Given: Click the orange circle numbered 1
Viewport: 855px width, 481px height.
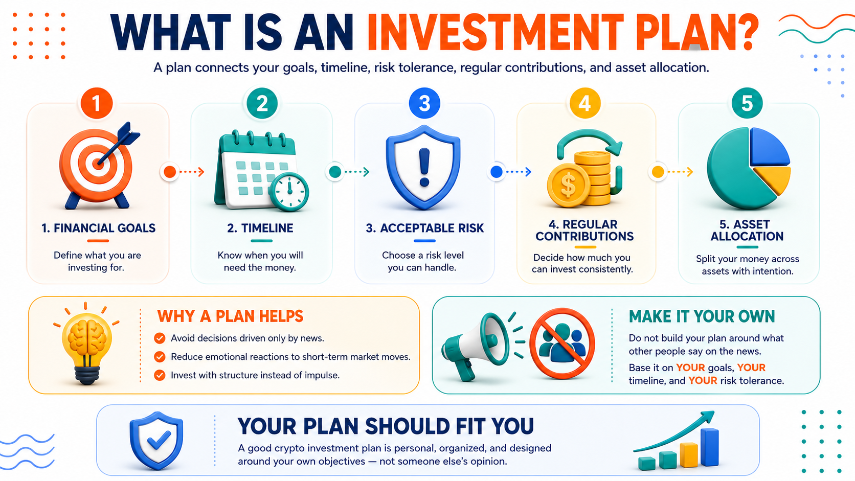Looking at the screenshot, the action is point(97,103).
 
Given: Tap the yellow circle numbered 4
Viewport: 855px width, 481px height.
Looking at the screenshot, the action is point(585,103).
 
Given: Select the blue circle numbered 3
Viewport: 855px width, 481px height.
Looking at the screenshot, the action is point(424,103).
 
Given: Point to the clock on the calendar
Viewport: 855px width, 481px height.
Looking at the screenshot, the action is point(289,192).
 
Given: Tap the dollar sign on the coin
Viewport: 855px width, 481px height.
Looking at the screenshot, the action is point(568,185).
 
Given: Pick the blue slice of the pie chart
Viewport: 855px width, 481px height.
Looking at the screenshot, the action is point(769,147).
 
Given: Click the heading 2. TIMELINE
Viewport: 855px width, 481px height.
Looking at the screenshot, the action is point(260,228).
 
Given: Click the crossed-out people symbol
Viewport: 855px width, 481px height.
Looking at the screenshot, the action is point(562,343).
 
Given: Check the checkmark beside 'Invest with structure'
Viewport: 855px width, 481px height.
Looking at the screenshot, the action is point(160,375).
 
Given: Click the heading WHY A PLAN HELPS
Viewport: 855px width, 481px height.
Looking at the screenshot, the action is point(230,316).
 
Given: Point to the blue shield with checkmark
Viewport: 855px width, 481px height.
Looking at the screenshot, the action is point(156,441).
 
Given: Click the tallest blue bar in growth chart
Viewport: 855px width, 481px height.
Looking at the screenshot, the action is point(710,447).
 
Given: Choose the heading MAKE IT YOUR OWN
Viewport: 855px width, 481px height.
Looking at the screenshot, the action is point(702,316).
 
